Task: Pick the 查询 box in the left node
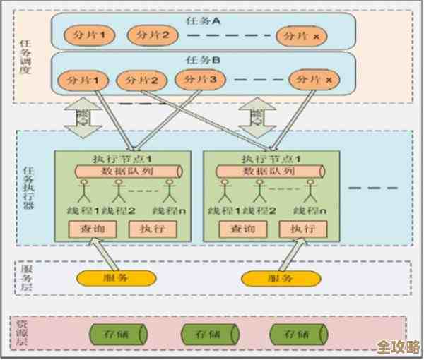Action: pos(90,229)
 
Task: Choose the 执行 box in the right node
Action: pos(300,229)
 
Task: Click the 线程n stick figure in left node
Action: pos(170,192)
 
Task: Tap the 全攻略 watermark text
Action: pos(398,347)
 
